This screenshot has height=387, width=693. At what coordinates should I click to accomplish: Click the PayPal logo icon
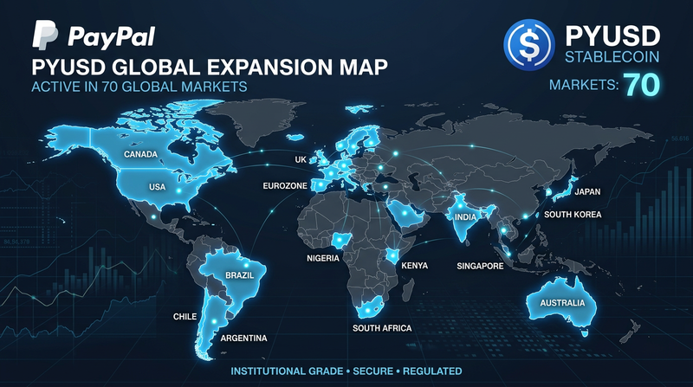click(45, 35)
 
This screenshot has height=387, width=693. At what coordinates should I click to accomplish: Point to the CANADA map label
click(141, 156)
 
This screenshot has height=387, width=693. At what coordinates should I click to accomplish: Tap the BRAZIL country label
click(238, 274)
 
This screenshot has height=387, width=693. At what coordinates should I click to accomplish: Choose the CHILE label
click(186, 316)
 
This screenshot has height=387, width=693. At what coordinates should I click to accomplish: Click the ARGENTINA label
click(244, 337)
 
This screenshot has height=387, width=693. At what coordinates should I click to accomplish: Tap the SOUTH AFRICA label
click(382, 328)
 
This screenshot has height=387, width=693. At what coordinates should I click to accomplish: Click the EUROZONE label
click(286, 185)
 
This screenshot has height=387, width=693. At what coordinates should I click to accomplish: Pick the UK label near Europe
click(301, 160)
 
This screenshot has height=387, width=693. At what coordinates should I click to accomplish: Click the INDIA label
click(466, 216)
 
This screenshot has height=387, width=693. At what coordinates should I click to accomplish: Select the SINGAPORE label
click(480, 266)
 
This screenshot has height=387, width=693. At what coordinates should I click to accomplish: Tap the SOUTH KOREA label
click(573, 214)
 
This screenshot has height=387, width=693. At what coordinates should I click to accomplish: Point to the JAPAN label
click(587, 191)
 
